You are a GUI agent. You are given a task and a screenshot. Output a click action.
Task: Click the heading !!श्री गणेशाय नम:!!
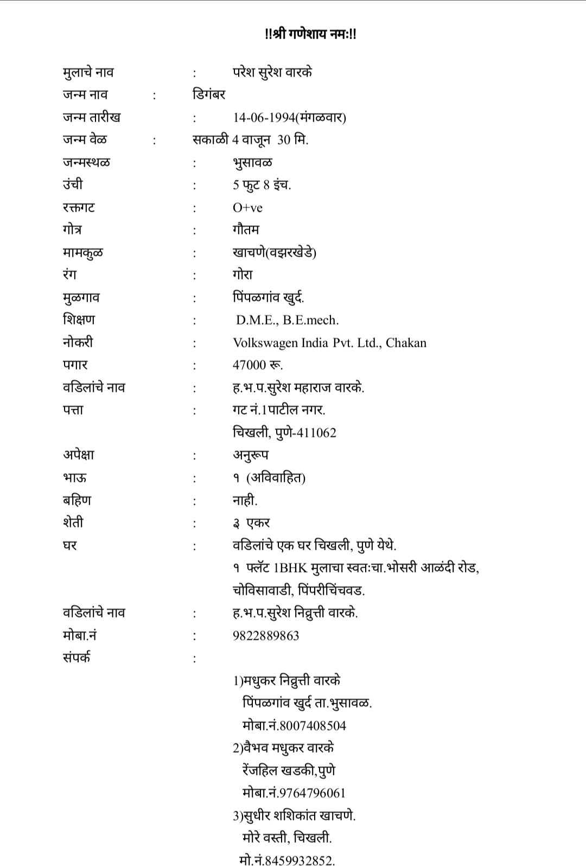coord(310,34)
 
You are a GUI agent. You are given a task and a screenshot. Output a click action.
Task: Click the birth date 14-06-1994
coord(264,117)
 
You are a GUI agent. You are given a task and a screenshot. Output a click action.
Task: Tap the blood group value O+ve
coord(247,208)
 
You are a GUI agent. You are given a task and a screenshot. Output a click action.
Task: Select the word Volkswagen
coord(265,343)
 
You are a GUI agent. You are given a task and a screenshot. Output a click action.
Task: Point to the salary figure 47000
coord(249,365)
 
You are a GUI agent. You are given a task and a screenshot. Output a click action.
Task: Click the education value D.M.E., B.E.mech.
coord(287,320)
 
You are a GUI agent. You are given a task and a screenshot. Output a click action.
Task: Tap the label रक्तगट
coord(79,207)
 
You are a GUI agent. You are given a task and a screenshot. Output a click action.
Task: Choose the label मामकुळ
coord(82,253)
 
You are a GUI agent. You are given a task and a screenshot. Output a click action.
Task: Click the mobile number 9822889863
coord(266,635)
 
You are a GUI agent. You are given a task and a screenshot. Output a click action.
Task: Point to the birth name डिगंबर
coord(209,94)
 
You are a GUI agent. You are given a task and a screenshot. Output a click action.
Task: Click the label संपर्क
coord(77,658)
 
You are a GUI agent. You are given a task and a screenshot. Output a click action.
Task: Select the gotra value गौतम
coord(246,230)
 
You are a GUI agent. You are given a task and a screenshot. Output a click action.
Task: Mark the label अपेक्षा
coord(79,455)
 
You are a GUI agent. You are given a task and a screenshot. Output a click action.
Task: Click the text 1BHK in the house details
coord(291,568)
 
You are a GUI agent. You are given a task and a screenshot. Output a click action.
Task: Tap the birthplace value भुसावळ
coord(252,163)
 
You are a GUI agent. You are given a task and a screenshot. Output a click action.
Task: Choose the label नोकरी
coord(78,342)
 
